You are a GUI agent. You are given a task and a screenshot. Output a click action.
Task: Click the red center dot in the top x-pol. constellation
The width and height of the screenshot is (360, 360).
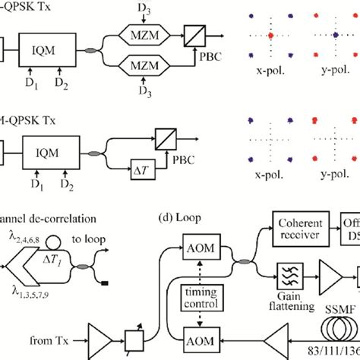[x=270, y=36]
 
